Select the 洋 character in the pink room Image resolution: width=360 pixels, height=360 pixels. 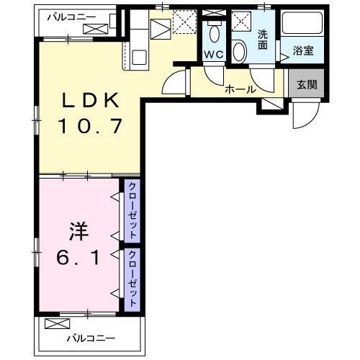78,232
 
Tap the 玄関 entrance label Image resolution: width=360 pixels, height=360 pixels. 306,83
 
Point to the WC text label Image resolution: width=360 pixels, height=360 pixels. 212,55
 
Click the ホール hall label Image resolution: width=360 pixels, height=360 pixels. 238,89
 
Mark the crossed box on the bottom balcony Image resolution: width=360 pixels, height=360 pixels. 54,323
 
